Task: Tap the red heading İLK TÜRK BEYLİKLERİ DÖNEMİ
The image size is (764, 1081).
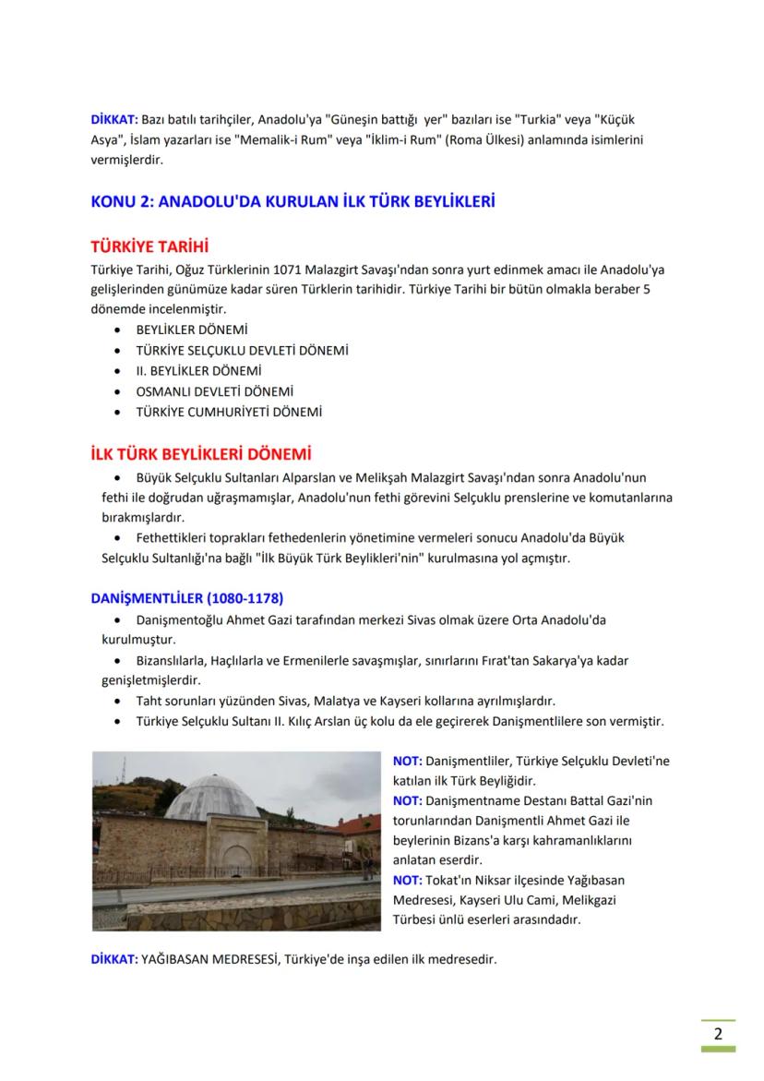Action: (200, 455)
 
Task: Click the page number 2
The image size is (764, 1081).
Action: (714, 1033)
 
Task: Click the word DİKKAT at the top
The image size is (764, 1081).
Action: (113, 121)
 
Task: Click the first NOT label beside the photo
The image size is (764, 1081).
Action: (407, 761)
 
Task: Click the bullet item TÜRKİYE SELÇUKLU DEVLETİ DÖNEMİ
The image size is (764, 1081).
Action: (242, 351)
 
